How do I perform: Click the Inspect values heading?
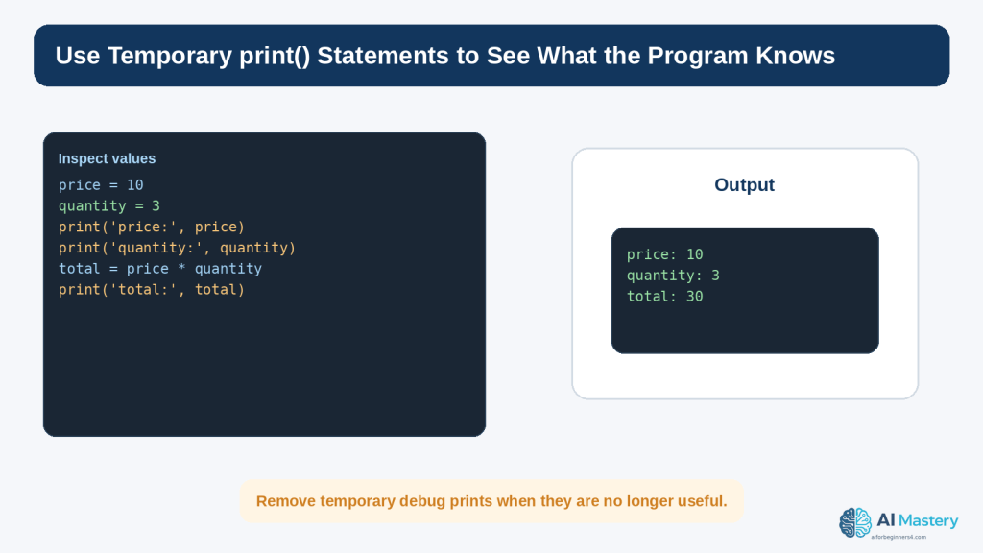[107, 158]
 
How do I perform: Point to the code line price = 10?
[101, 185]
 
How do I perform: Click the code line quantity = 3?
[109, 205]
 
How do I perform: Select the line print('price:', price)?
[152, 227]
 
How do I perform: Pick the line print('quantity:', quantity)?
[177, 248]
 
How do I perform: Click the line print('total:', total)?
[152, 290]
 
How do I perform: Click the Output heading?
[744, 185]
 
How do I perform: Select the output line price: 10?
[664, 254]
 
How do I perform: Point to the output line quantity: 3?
[673, 276]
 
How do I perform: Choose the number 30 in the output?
[694, 296]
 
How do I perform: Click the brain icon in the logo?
[855, 522]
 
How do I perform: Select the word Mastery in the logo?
[928, 521]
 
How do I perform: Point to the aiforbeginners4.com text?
[899, 537]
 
